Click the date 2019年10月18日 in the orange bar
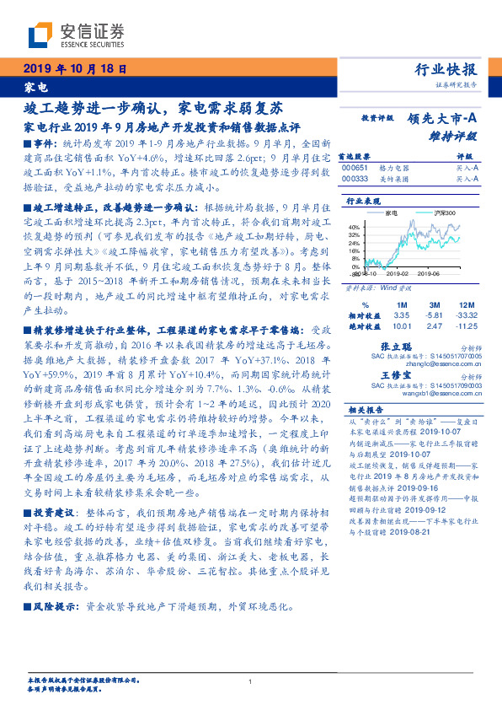pos(76,70)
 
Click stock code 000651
pos(355,168)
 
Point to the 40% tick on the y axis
pos(354,227)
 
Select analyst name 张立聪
pos(398,347)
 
